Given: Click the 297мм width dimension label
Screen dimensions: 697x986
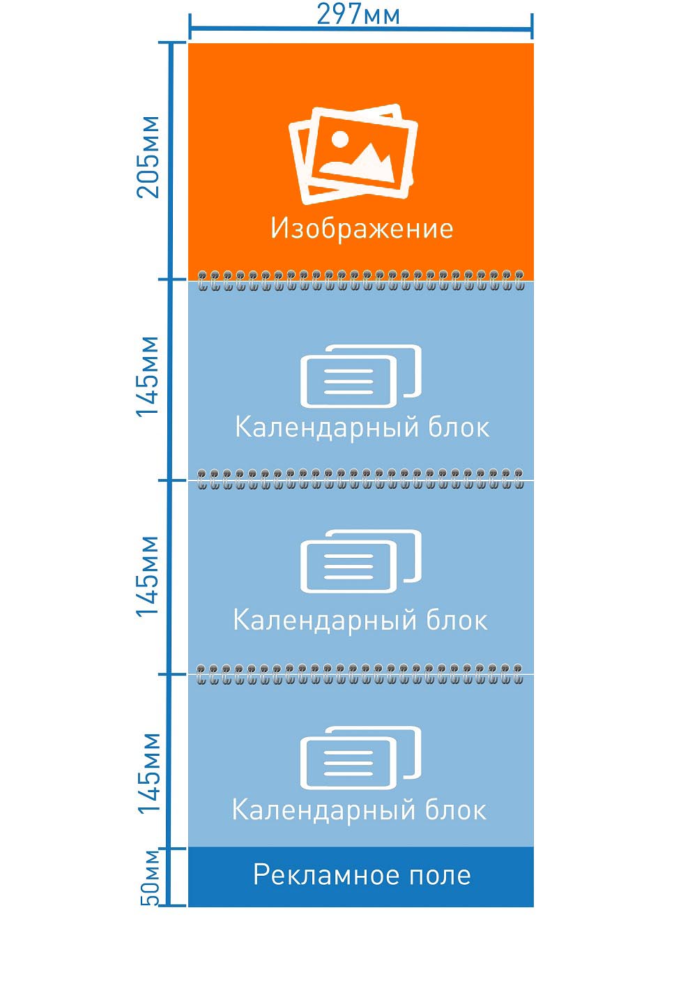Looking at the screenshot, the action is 358,14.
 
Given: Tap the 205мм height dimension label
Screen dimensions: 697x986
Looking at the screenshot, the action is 148,157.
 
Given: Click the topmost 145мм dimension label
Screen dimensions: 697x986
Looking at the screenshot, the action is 148,377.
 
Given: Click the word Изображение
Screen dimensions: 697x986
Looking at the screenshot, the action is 362,229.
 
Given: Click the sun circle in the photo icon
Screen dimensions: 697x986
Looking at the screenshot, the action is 339,139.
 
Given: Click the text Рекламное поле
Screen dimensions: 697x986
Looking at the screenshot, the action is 362,875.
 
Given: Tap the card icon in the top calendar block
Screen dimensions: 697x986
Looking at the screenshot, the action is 361,377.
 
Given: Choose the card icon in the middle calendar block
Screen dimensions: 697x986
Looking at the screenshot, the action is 361,561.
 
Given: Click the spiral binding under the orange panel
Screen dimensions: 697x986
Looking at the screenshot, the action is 361,280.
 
